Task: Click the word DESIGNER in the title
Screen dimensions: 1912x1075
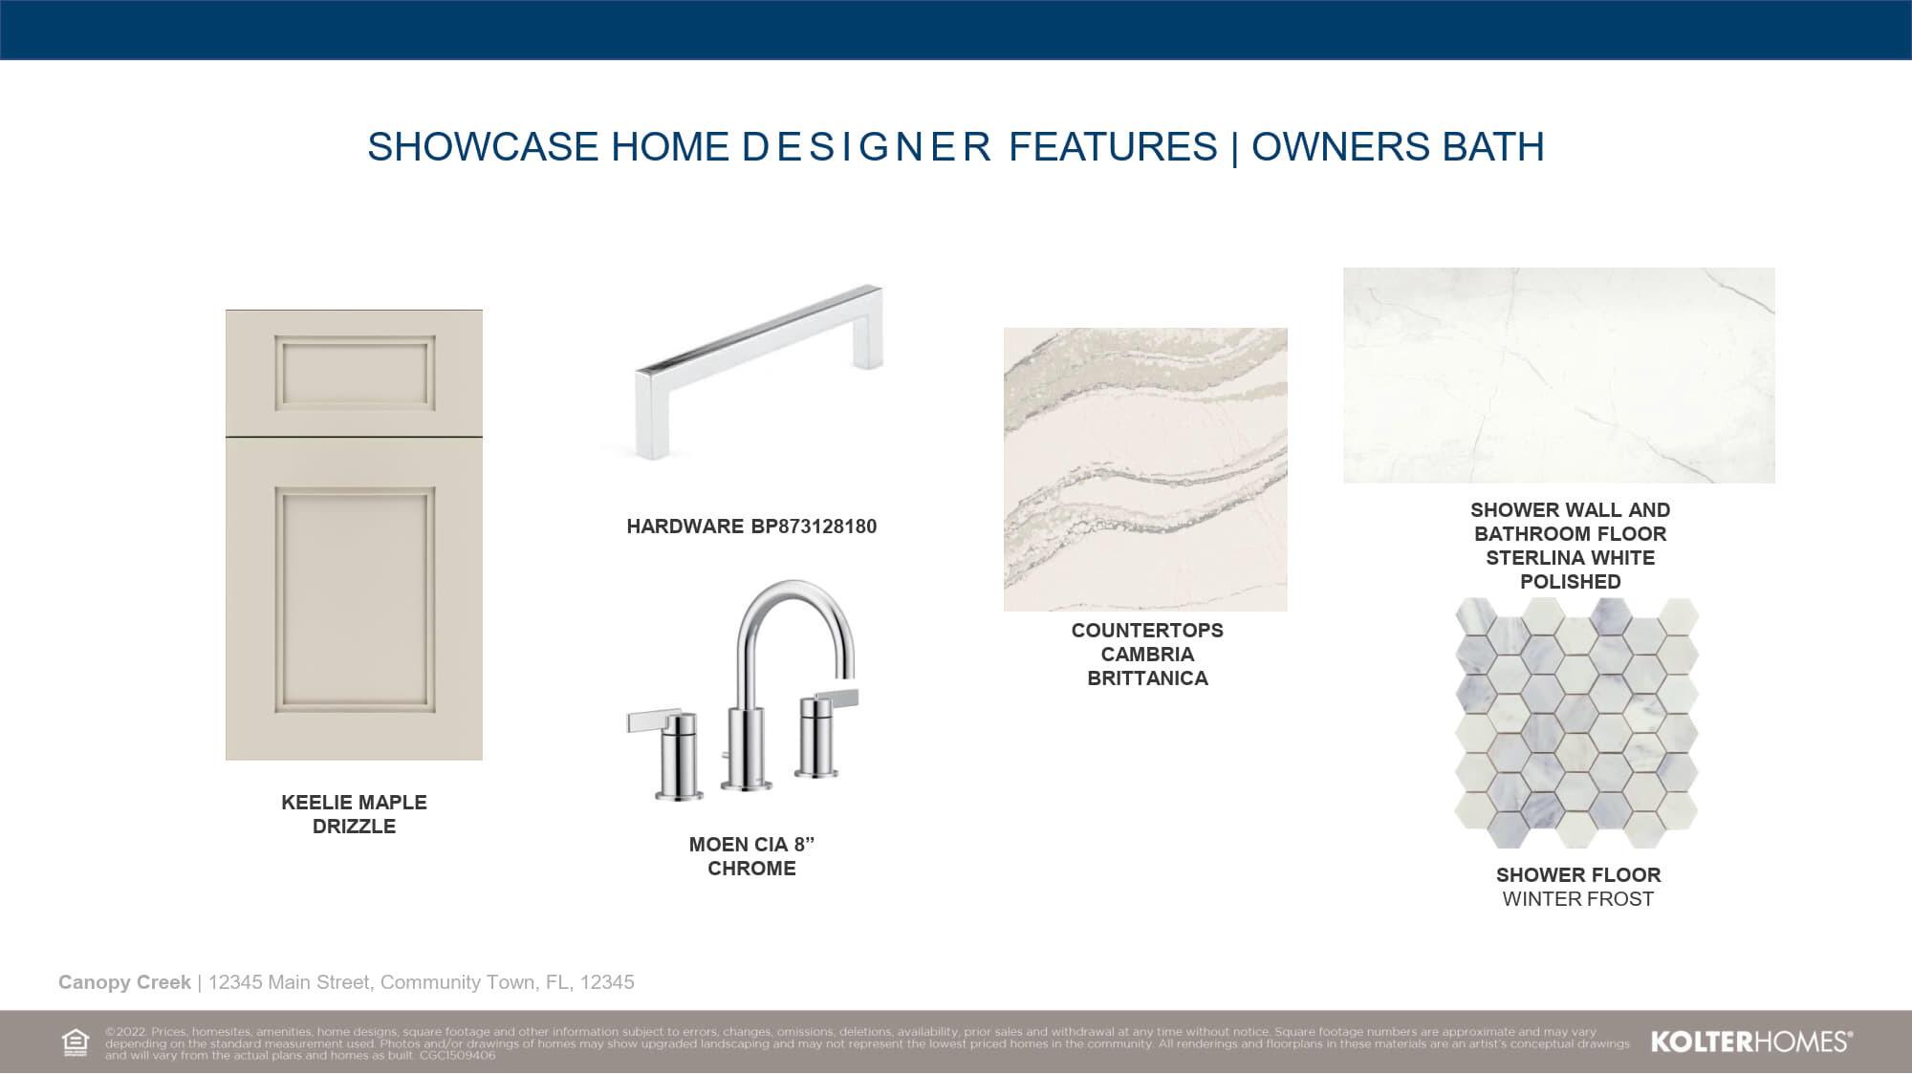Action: [x=866, y=147]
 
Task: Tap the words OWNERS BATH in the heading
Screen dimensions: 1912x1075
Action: [x=1398, y=147]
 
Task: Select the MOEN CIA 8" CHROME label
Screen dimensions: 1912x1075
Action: [x=751, y=856]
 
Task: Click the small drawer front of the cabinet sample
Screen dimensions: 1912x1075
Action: [x=355, y=373]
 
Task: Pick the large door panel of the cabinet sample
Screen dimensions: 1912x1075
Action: [x=355, y=599]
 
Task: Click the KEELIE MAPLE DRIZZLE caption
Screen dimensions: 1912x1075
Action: [x=355, y=814]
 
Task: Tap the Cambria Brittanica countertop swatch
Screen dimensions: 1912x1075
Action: [x=1145, y=469]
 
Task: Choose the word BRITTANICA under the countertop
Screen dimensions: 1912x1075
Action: [x=1148, y=678]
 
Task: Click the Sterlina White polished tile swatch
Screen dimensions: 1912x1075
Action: [x=1559, y=375]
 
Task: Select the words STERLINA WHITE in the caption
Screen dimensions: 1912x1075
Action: [x=1571, y=558]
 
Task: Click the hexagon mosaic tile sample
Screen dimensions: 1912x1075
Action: [x=1577, y=722]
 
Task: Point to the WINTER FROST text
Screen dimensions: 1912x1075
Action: [x=1578, y=899]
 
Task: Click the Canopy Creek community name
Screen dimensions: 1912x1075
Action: [x=124, y=982]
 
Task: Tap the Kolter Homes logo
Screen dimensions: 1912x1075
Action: [x=1751, y=1042]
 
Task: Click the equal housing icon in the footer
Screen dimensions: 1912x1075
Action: [x=75, y=1043]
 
